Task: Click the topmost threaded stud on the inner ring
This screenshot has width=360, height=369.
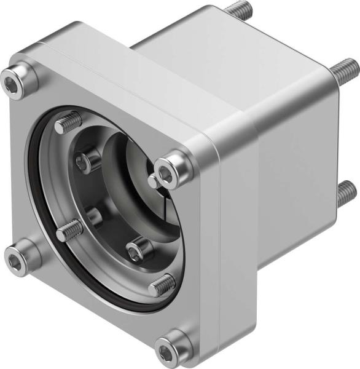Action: pos(69,124)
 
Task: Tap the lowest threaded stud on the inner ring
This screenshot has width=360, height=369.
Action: pos(162,284)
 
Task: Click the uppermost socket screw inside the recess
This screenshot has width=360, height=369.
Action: pos(88,161)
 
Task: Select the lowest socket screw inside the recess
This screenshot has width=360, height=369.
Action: pos(139,249)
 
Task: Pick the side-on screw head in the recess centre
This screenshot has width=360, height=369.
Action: pos(93,215)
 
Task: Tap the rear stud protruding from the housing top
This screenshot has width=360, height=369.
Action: pos(238,10)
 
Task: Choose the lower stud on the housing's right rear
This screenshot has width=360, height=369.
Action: pos(345,193)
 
